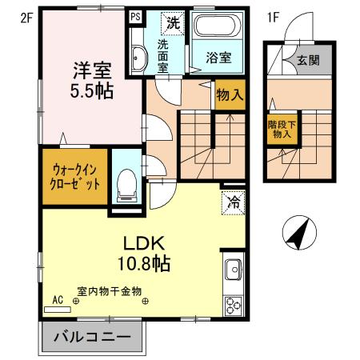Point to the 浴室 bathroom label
tap(218, 58)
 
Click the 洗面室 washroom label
tap(162, 57)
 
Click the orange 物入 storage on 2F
tap(230, 94)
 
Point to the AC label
tap(57, 299)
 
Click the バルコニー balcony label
tap(92, 338)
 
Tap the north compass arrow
tap(298, 234)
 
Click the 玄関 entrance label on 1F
tap(307, 60)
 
